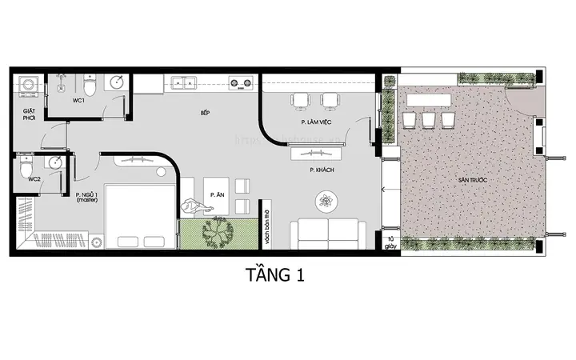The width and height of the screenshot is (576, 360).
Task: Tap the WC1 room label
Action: click(x=78, y=101)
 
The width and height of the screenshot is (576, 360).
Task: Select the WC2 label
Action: click(x=34, y=179)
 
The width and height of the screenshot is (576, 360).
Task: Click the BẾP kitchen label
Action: click(x=205, y=114)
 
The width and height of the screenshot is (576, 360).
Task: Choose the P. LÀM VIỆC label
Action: click(x=315, y=122)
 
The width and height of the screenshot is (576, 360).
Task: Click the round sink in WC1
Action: click(x=116, y=81)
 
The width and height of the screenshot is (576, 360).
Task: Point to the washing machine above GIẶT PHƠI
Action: click(x=28, y=86)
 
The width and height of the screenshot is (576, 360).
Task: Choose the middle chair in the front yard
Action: click(x=428, y=119)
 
